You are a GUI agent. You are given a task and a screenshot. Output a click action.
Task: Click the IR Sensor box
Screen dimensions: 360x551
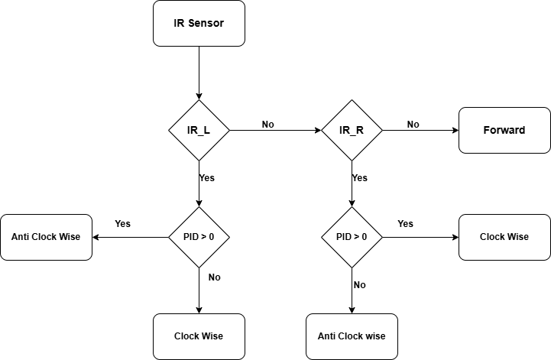(199, 23)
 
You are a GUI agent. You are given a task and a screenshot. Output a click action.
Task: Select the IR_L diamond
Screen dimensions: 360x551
(199, 130)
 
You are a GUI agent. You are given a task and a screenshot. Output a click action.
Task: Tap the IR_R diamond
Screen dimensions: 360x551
(352, 130)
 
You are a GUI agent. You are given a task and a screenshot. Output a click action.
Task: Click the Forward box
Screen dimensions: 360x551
(504, 130)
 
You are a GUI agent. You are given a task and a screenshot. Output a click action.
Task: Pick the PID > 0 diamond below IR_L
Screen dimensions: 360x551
(199, 237)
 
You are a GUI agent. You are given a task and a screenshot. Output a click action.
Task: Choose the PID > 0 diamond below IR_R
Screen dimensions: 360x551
(352, 237)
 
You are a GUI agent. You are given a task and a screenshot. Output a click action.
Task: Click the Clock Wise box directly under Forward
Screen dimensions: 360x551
(504, 237)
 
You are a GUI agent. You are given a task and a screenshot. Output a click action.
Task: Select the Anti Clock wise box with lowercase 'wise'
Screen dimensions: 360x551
(352, 336)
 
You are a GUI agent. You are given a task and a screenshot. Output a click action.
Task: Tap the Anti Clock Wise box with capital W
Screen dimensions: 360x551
(46, 237)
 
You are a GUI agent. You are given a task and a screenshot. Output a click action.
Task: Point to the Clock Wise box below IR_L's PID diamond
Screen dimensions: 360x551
(199, 336)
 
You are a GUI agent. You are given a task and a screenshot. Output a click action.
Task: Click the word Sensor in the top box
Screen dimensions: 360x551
(206, 23)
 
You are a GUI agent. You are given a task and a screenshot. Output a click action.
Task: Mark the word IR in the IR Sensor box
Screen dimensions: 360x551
(179, 23)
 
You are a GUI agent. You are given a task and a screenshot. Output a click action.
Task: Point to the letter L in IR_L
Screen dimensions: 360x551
(206, 130)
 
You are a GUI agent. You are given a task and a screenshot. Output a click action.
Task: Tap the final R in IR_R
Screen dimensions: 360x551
(359, 130)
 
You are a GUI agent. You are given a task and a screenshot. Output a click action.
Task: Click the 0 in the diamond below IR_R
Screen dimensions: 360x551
(364, 237)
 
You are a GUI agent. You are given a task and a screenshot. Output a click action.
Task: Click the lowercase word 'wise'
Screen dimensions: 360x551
(374, 336)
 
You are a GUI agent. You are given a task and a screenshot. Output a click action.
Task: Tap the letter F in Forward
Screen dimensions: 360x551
(487, 130)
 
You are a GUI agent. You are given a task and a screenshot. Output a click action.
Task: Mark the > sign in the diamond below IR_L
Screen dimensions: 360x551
(202, 237)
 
